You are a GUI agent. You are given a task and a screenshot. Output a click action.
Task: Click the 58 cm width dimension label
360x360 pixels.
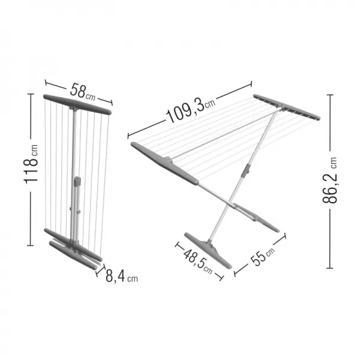(x=83, y=92)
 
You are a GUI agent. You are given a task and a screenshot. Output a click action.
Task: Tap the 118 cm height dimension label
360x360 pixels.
(x=31, y=164)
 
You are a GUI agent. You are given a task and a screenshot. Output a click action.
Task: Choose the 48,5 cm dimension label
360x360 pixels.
(x=198, y=261)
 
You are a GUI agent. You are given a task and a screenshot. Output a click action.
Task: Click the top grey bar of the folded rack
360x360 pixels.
(x=77, y=104)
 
